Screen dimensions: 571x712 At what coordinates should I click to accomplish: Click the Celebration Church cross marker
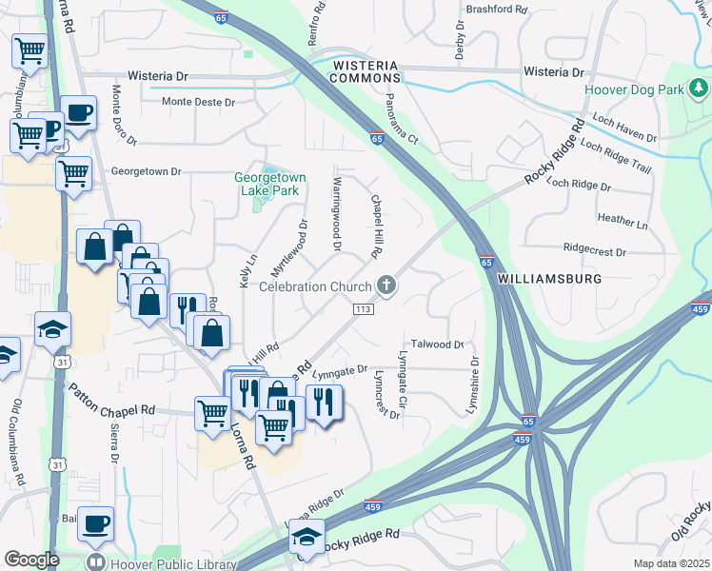tap(386, 285)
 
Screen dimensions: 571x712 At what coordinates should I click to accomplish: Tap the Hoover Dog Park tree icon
tap(700, 89)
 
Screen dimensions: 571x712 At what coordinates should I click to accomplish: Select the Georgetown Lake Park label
tap(270, 184)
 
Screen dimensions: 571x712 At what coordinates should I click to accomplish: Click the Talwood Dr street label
tap(437, 345)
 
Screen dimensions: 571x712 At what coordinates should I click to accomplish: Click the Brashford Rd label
tap(496, 9)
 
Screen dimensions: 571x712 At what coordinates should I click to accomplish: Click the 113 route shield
tap(362, 309)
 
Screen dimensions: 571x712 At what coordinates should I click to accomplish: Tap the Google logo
tap(31, 560)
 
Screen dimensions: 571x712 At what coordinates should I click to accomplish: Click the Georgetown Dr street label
tap(146, 171)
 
